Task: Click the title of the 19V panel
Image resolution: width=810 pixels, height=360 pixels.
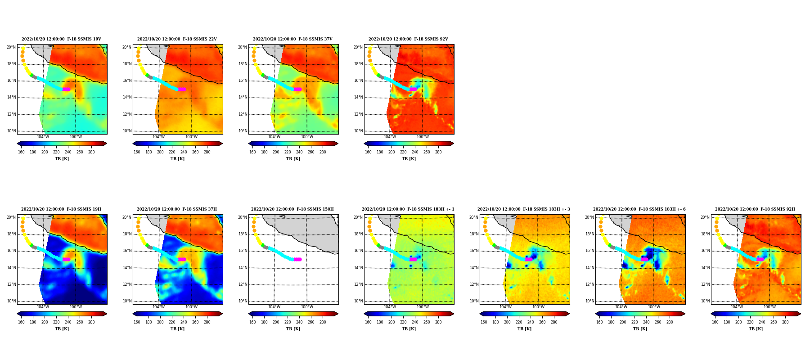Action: [61, 39]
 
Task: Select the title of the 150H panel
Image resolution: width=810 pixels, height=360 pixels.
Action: [292, 209]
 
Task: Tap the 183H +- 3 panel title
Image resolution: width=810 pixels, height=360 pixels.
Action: [524, 209]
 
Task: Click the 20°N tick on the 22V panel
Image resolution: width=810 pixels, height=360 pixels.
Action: [127, 47]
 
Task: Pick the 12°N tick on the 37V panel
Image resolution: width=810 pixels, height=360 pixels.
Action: [243, 114]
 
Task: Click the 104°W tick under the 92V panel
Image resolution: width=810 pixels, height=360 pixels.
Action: [390, 137]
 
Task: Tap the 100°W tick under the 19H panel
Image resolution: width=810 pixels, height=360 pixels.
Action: [76, 307]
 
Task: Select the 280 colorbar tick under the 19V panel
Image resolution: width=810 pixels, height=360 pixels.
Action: [91, 152]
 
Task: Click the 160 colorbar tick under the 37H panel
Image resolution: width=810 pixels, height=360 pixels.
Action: [137, 322]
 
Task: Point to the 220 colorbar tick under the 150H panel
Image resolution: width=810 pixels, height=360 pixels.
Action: [288, 322]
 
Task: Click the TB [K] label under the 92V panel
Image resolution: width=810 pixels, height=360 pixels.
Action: [409, 159]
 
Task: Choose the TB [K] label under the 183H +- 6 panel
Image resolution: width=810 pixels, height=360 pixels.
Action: [640, 329]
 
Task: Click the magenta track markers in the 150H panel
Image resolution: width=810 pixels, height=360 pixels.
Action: [297, 259]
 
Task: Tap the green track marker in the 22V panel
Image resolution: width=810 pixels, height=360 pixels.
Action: [147, 75]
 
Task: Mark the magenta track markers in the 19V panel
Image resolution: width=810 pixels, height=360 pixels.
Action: [66, 89]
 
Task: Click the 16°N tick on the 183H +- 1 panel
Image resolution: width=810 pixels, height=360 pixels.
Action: [358, 251]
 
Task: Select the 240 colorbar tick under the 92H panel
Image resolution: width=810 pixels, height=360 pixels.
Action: [762, 322]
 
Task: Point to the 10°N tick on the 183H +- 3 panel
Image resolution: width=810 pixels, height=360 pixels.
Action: [474, 301]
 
